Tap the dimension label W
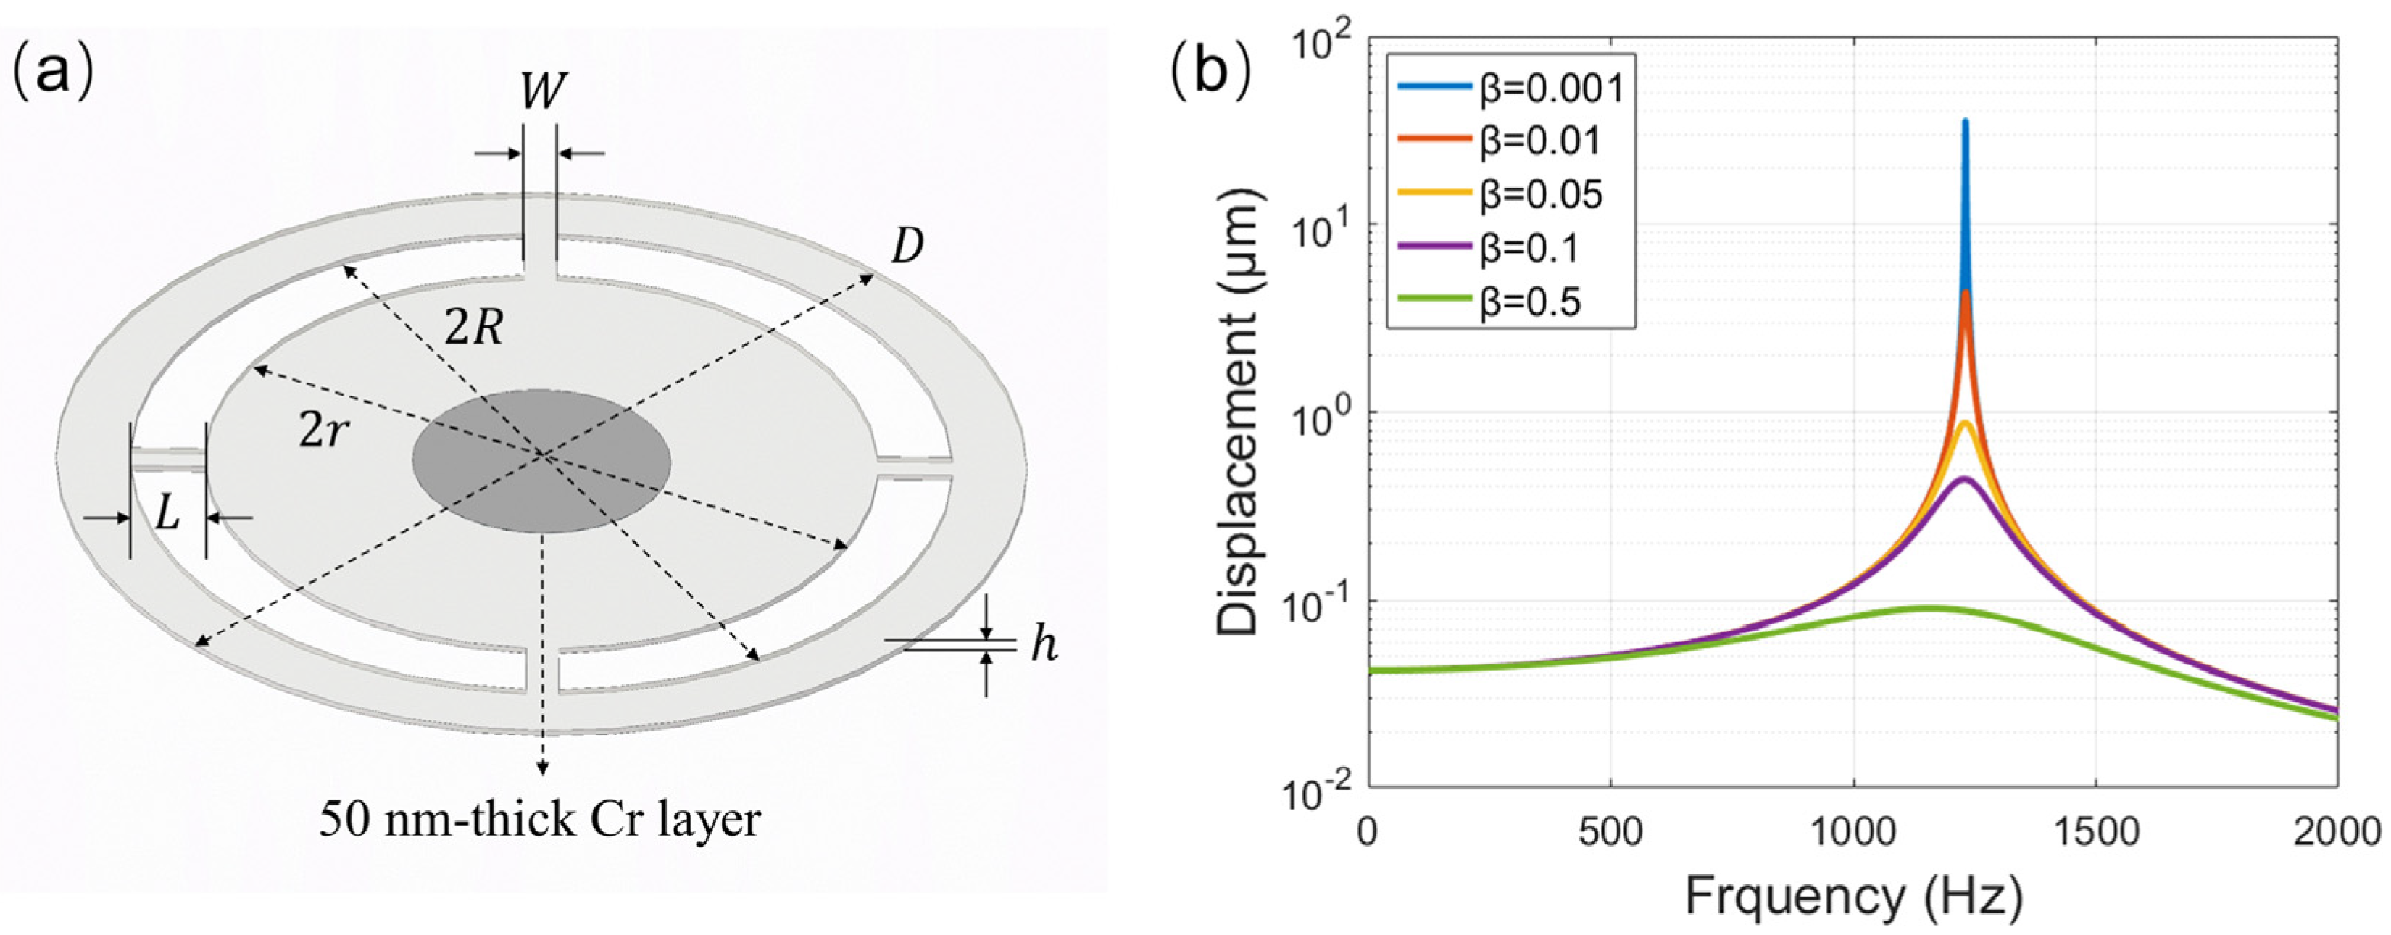click(x=543, y=92)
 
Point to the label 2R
click(x=473, y=327)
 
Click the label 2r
click(x=321, y=430)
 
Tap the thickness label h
click(x=1044, y=644)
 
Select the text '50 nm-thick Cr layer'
click(x=539, y=820)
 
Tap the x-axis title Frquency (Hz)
click(x=1852, y=899)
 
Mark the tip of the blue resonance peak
click(x=1965, y=122)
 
